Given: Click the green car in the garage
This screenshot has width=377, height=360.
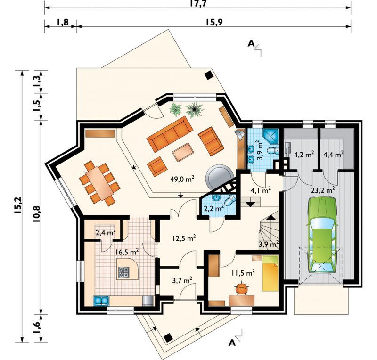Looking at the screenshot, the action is (x=322, y=235).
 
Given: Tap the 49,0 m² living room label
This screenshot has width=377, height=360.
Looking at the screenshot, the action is (x=182, y=179).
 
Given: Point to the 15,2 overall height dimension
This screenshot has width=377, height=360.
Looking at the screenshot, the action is (x=19, y=205).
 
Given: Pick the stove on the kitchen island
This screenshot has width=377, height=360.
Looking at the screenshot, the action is (x=123, y=272).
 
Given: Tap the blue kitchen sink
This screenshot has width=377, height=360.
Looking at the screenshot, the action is (x=101, y=300).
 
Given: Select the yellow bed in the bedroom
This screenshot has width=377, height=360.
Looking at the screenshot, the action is (x=270, y=273).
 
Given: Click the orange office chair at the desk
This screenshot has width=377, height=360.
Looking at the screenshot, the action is (x=241, y=288).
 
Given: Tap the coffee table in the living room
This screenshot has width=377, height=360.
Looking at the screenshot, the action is (x=183, y=152).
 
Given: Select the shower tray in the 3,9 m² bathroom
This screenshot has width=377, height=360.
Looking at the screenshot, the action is (x=270, y=136).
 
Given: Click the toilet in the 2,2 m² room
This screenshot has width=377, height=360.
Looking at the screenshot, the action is (x=230, y=200).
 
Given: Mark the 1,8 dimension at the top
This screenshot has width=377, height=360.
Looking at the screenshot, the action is (x=63, y=22).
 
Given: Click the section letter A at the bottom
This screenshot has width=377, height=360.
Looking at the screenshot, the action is (x=232, y=343).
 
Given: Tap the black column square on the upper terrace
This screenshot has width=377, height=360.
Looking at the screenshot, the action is (x=209, y=75).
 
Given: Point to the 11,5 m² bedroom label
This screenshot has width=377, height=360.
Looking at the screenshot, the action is (x=243, y=273).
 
